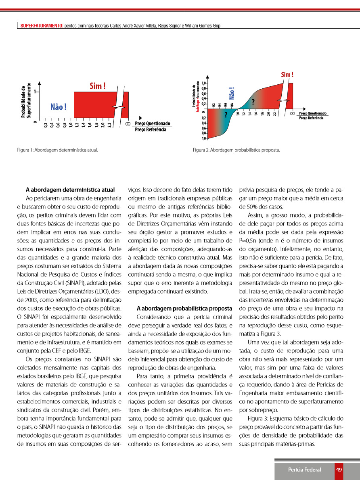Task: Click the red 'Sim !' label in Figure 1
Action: pos(98,86)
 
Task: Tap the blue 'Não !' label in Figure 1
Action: pos(59,106)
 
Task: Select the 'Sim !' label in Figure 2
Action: pos(287,75)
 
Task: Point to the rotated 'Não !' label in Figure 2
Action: pos(232,94)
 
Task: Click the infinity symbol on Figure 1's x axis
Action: pos(128,123)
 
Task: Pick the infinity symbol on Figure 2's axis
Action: pos(292,114)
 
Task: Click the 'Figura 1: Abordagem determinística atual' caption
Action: pos(58,150)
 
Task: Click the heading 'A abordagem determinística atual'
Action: pos(70,190)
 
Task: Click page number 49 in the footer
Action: pos(339,470)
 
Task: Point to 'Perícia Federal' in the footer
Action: pos(305,470)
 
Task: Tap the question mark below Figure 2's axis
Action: pos(226,115)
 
